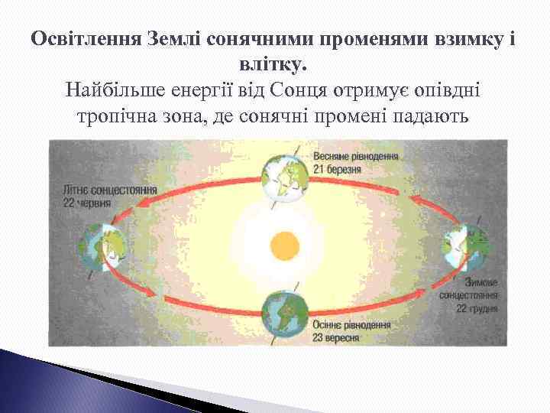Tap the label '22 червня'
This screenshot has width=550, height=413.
pos(87,203)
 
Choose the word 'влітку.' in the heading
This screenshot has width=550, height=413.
pos(274,63)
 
